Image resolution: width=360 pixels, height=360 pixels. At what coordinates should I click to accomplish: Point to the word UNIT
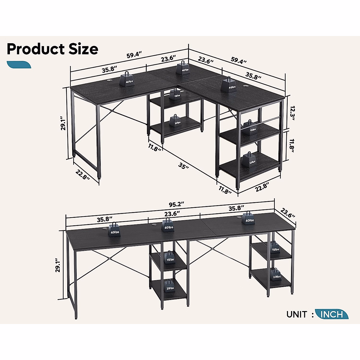point(297,314)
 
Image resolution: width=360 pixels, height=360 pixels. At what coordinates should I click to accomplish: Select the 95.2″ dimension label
point(176,205)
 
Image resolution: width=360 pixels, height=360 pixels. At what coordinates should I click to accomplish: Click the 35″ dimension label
point(183,166)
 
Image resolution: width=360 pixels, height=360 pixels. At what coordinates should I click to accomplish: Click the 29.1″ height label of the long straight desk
point(58,265)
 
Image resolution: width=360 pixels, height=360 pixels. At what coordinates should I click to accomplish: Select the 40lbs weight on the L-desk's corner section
point(183,67)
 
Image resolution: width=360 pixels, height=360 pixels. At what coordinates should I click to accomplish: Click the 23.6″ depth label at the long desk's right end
point(288,213)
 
